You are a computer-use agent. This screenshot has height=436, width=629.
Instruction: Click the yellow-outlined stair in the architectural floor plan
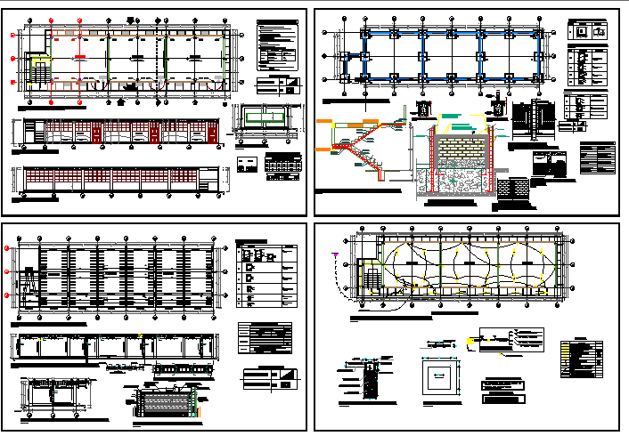[x=39, y=70]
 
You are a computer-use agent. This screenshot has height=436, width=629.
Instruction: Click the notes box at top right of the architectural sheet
[x=279, y=44]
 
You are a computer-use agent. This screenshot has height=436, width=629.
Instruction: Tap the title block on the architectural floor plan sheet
[x=278, y=85]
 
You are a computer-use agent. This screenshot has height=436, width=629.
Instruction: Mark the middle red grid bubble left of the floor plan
[x=13, y=59]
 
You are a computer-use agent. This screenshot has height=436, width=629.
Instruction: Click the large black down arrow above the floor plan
[x=133, y=20]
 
